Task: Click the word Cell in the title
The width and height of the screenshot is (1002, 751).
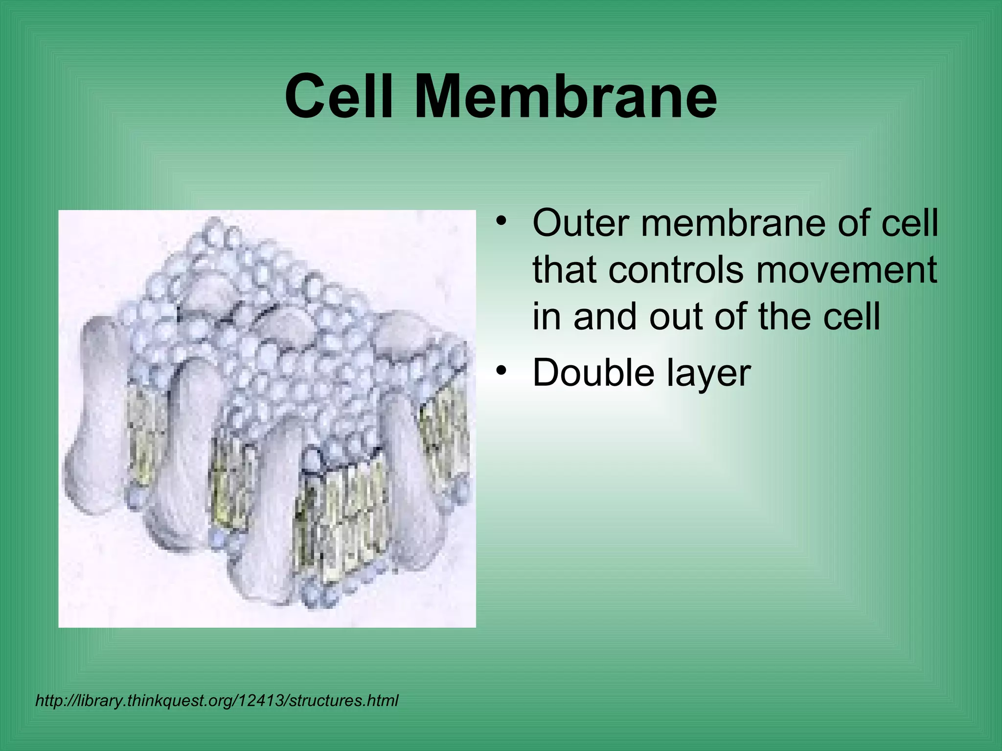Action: pos(339,96)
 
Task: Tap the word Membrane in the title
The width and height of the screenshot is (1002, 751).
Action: pos(566,96)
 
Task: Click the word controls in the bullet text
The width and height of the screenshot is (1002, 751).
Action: pos(678,270)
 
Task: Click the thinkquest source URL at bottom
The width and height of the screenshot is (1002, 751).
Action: pos(217,701)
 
